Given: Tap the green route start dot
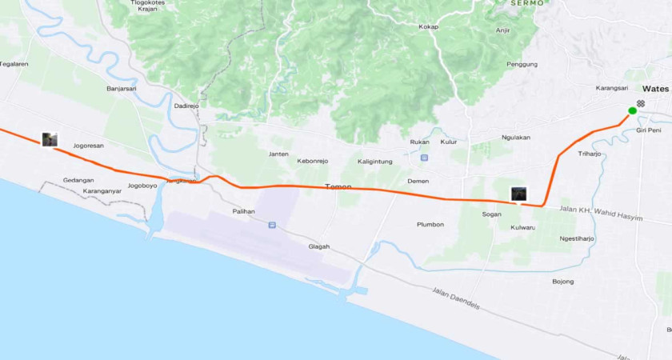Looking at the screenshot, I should pyautogui.click(x=632, y=110).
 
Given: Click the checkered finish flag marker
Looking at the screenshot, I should pyautogui.click(x=641, y=103).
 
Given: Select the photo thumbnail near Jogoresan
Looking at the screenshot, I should pyautogui.click(x=50, y=140).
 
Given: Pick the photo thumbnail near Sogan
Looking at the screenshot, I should pyautogui.click(x=518, y=194).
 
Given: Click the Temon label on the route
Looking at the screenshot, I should pyautogui.click(x=338, y=186).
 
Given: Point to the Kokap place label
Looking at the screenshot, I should pyautogui.click(x=429, y=27).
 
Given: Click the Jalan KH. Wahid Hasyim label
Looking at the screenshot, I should pyautogui.click(x=602, y=214).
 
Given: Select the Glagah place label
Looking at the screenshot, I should pyautogui.click(x=319, y=246).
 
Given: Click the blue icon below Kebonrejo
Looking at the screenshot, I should pyautogui.click(x=272, y=226).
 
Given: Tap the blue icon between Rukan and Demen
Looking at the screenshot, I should pyautogui.click(x=424, y=157).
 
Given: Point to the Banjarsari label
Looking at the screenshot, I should pyautogui.click(x=123, y=89).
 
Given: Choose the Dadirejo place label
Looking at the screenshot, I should pyautogui.click(x=186, y=105).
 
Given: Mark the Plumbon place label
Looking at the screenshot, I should pyautogui.click(x=430, y=224).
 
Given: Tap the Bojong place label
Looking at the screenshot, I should pyautogui.click(x=563, y=282).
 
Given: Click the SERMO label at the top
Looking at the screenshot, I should pyautogui.click(x=527, y=3).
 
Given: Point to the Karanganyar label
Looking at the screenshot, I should pyautogui.click(x=102, y=191).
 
